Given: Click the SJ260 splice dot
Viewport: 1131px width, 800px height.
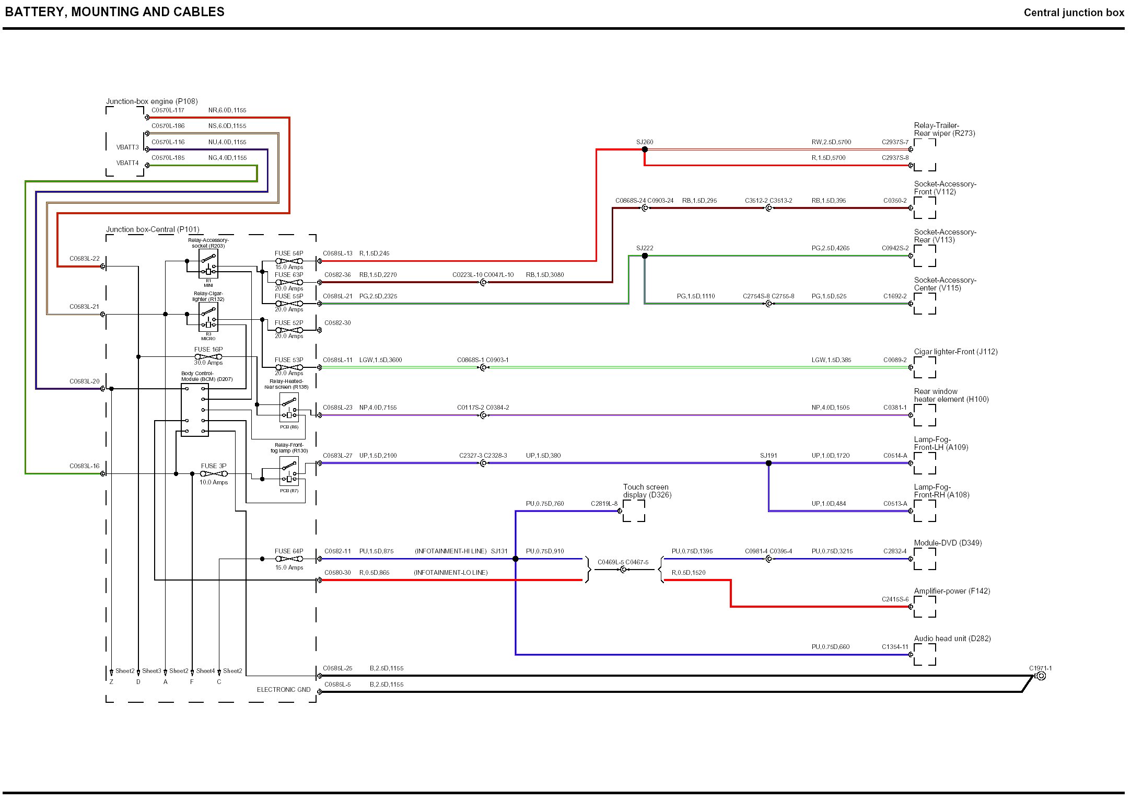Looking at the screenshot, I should coord(645,149).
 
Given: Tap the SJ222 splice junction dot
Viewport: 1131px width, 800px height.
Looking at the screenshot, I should coord(645,256).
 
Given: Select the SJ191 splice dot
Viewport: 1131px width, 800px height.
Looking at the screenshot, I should coord(768,463).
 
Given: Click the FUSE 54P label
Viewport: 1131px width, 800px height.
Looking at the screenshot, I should coord(289,253).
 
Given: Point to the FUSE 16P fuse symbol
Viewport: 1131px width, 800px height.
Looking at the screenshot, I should coord(208,357).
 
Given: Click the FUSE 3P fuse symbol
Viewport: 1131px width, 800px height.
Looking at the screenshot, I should coord(214,474).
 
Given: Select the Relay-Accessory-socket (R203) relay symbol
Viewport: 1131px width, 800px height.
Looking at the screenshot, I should coord(208,263).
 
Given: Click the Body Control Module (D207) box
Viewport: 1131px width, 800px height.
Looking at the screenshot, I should coord(194,410).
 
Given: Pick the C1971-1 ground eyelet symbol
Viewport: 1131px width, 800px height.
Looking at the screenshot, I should coord(1041,676).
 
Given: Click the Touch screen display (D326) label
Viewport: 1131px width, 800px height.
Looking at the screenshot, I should coord(647,491).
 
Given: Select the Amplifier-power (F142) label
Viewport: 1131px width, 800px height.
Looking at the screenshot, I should coord(952,591).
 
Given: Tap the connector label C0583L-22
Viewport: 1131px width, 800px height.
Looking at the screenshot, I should coord(84,259).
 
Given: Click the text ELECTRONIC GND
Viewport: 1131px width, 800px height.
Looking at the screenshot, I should coord(284,690).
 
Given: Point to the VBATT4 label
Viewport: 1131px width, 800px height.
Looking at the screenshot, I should coord(127,163).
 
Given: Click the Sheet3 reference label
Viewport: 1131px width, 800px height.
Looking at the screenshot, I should coord(151,671).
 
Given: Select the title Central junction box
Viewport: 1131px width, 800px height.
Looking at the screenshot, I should coord(1074,13).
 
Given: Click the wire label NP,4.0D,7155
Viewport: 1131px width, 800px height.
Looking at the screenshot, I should coord(378,408).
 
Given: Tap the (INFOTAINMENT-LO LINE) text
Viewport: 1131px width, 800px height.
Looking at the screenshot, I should coord(450,573).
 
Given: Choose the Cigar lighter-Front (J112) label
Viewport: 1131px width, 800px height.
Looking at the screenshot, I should coord(955,352).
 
